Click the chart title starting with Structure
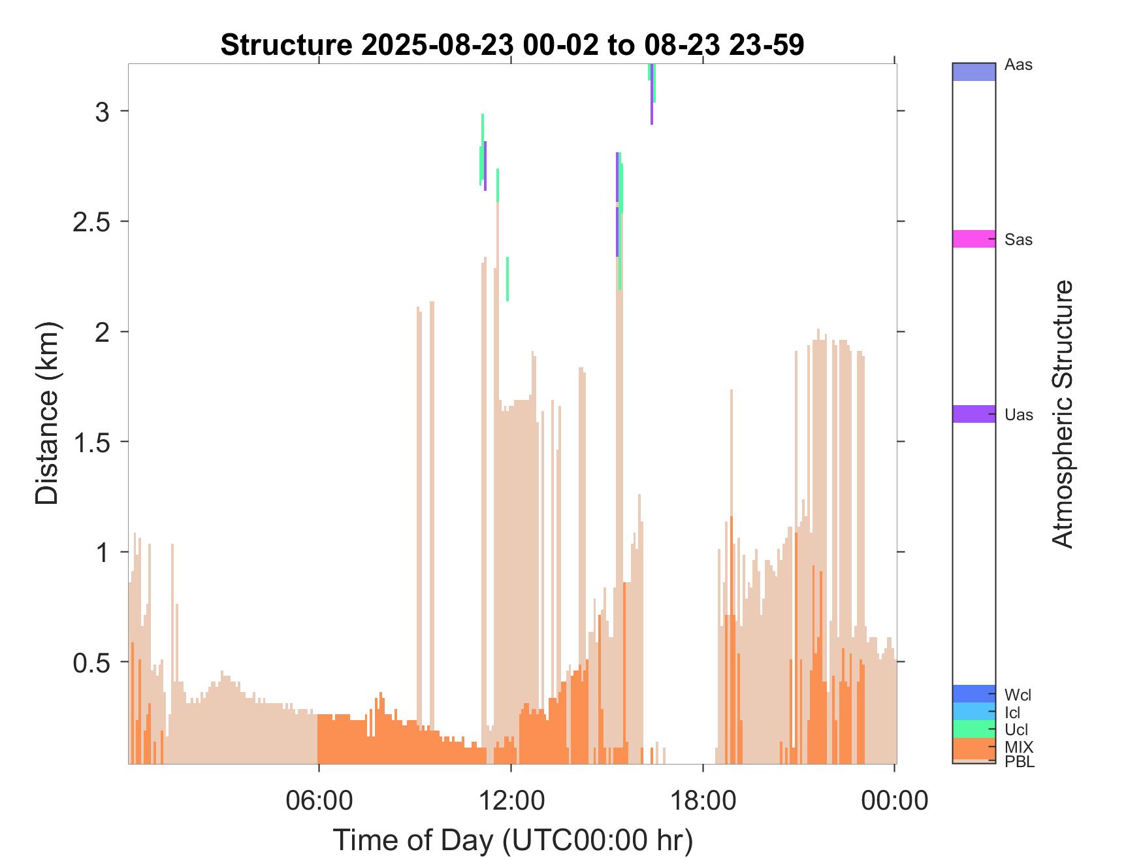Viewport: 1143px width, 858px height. [x=512, y=45]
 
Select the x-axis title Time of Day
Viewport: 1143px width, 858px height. [x=513, y=840]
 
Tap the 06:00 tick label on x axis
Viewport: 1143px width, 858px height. [x=319, y=800]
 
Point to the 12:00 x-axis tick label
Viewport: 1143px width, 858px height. [x=511, y=800]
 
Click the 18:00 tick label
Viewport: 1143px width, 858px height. [x=703, y=800]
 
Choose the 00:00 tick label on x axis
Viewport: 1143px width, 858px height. [x=894, y=800]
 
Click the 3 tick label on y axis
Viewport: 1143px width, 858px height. [x=103, y=112]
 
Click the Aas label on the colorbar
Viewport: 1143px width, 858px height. [x=1019, y=65]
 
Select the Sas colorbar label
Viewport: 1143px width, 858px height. [x=1019, y=240]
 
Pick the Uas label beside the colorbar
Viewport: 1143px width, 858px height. [x=1019, y=415]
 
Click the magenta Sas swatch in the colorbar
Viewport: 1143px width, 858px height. [x=974, y=239]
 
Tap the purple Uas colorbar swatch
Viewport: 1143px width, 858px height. [x=974, y=414]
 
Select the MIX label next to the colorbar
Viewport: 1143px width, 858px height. [x=1019, y=747]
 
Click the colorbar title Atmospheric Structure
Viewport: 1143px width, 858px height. [x=1063, y=414]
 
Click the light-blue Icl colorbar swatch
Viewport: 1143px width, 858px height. [x=974, y=711]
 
